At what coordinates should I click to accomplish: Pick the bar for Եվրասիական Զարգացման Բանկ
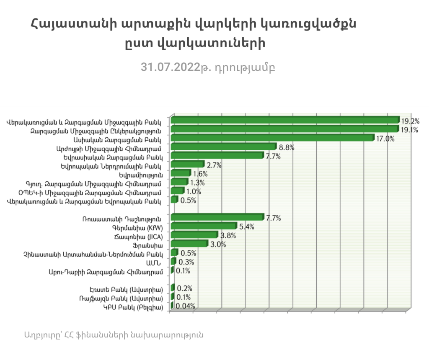point(217,156)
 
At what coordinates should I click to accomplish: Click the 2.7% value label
point(214,165)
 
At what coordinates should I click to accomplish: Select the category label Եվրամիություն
point(141,174)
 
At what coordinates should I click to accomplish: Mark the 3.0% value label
point(218,244)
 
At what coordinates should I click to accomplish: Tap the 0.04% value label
point(185,306)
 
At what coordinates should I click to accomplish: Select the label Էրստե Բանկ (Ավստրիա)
point(126,289)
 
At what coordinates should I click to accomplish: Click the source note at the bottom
point(114,335)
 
